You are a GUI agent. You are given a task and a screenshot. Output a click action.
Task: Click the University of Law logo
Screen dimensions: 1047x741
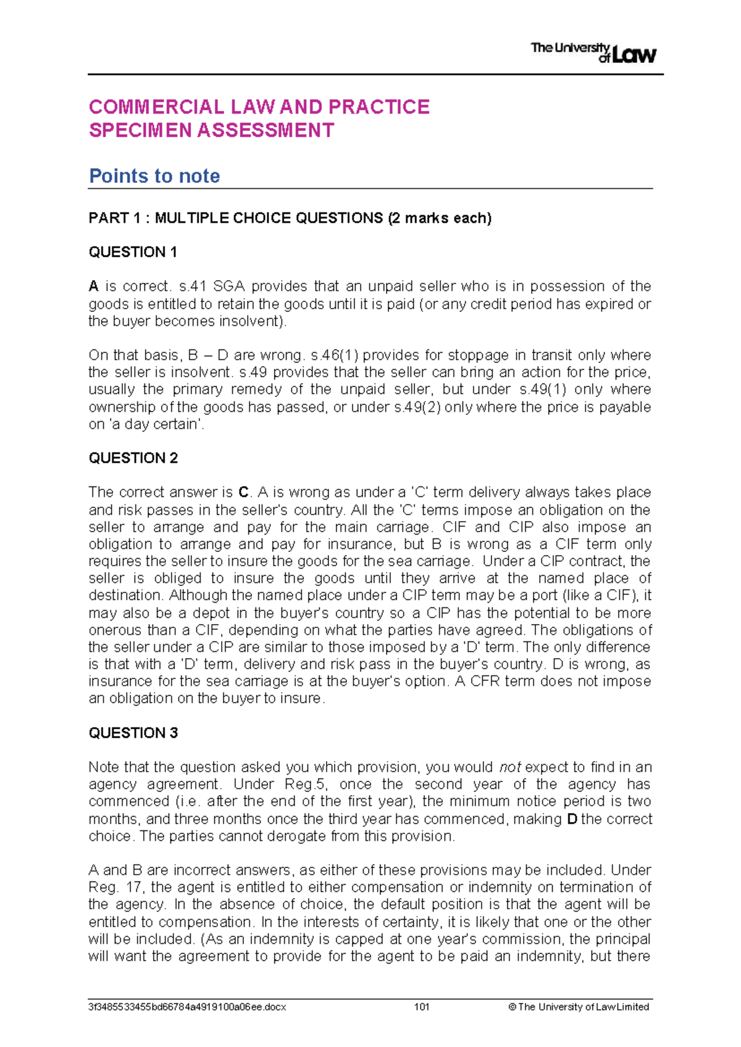pos(593,52)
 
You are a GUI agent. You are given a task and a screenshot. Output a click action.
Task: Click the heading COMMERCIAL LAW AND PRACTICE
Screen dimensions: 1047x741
pos(259,107)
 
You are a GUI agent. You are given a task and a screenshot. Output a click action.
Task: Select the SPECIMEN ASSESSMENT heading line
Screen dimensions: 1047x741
pos(211,130)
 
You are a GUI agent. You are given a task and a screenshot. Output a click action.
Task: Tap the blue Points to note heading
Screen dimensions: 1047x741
pos(154,176)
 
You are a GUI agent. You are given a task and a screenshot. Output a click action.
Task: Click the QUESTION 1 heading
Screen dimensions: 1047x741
pos(133,252)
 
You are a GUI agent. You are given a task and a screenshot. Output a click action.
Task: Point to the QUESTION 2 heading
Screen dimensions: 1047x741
pos(133,458)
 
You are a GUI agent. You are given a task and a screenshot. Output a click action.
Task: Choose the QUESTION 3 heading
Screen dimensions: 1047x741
pos(133,733)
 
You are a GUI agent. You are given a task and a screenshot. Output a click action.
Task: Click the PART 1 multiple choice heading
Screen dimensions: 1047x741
pos(290,218)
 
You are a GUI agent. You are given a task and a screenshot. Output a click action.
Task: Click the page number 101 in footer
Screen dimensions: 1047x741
pos(422,1007)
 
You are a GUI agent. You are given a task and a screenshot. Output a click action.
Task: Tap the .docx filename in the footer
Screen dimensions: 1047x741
pos(187,1007)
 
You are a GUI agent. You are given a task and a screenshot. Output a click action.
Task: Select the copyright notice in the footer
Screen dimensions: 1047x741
pos(579,1007)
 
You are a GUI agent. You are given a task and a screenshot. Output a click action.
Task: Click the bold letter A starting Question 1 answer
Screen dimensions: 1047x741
pos(93,286)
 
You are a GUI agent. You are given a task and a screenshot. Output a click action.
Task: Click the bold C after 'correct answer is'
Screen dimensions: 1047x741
pos(243,493)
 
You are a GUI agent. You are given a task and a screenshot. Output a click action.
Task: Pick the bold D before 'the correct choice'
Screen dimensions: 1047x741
pos(571,819)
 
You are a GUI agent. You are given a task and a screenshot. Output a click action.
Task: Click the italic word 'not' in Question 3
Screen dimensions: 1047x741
pos(510,767)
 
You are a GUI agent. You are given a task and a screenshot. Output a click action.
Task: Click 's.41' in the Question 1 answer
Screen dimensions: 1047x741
pos(191,286)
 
